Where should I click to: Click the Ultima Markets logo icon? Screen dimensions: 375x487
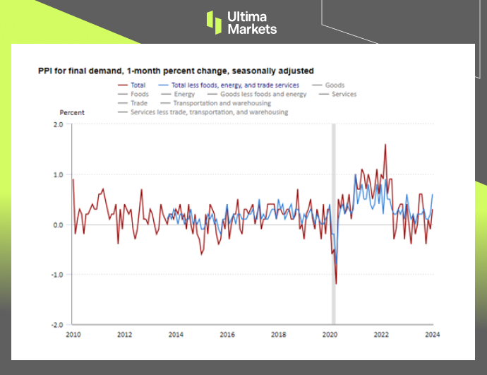pos(214,21)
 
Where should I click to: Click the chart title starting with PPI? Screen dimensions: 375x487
pos(176,71)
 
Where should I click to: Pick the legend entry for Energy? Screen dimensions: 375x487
pos(184,94)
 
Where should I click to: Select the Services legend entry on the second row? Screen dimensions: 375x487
pos(344,94)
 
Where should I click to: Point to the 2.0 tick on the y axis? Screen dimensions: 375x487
pos(58,124)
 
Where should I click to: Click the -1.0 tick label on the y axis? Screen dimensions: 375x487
pos(56,275)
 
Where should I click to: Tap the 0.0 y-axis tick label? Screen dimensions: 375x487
pos(58,225)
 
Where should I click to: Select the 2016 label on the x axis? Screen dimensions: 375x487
pos(227,335)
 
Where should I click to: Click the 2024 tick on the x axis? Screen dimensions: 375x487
pos(432,335)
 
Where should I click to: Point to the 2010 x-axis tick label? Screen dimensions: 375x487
pos(73,335)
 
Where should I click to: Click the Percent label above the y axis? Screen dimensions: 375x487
pos(71,113)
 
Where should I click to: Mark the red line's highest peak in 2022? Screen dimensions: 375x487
pos(385,145)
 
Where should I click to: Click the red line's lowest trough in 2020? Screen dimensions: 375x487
pos(336,284)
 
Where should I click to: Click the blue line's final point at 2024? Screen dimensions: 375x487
pos(433,194)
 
